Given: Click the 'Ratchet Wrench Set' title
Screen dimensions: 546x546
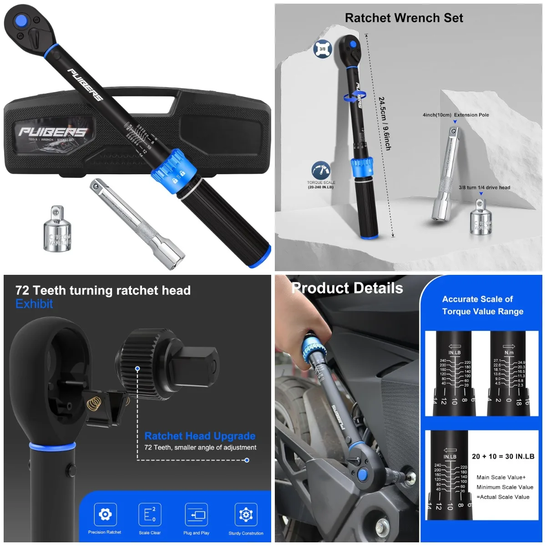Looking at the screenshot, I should (x=404, y=18).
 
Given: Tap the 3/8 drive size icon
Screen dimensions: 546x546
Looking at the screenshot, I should (x=322, y=49).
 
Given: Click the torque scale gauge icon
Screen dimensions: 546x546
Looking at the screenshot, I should (x=321, y=171).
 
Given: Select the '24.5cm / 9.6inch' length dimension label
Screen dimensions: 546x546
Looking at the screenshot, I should (x=384, y=123).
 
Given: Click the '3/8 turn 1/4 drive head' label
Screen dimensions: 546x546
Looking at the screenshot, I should (x=484, y=187).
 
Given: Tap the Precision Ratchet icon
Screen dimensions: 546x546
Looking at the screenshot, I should (x=105, y=515).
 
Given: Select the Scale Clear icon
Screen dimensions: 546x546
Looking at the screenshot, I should (x=150, y=515).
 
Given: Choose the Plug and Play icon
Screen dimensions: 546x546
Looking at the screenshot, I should (x=197, y=515).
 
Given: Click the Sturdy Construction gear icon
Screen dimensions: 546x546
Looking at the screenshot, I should (x=246, y=515).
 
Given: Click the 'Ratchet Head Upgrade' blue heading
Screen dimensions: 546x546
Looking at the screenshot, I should (x=200, y=436).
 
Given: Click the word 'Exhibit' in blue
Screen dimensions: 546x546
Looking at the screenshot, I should (x=34, y=304).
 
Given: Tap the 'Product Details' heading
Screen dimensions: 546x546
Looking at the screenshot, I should (x=347, y=288).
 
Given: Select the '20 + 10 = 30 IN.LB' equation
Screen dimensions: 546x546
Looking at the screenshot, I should (x=503, y=456).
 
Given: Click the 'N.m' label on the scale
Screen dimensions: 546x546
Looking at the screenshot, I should (x=509, y=353).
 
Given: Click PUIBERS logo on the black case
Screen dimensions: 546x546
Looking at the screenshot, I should (x=52, y=132).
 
